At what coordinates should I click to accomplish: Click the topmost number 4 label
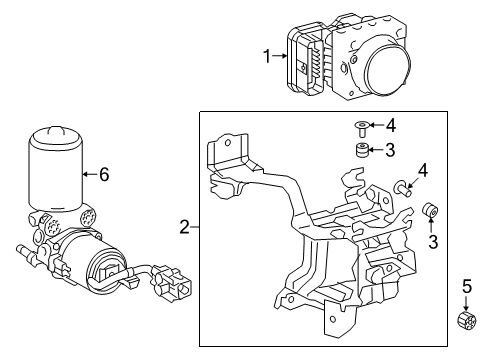(391, 126)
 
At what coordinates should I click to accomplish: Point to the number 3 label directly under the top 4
(391, 150)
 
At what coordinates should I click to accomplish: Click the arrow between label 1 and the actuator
(282, 58)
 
